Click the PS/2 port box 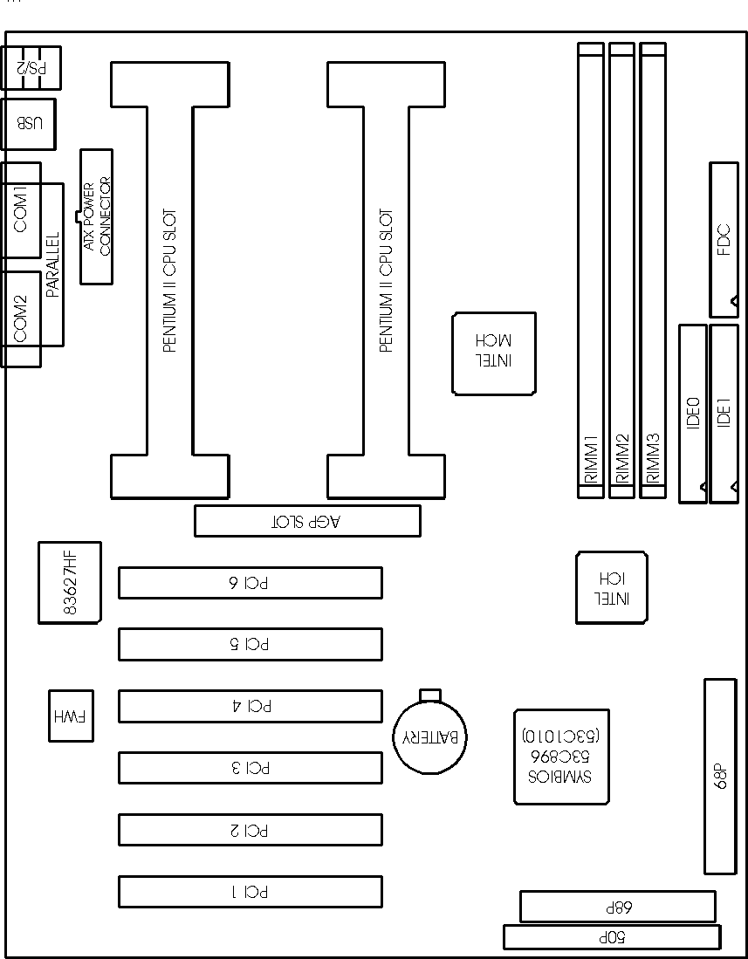click(31, 67)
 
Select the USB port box click(29, 123)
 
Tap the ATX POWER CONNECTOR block click(96, 216)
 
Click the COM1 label click(21, 209)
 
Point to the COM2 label click(21, 318)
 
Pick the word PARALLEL click(52, 265)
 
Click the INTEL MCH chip click(494, 353)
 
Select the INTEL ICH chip click(611, 587)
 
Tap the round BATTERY click(430, 736)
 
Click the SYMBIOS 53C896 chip click(561, 756)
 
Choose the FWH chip click(71, 716)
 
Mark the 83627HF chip click(70, 583)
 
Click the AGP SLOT click(306, 521)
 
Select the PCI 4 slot click(250, 706)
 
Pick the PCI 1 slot click(250, 891)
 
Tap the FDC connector click(724, 240)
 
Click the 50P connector click(612, 937)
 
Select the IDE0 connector click(693, 413)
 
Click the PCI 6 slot click(250, 583)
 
